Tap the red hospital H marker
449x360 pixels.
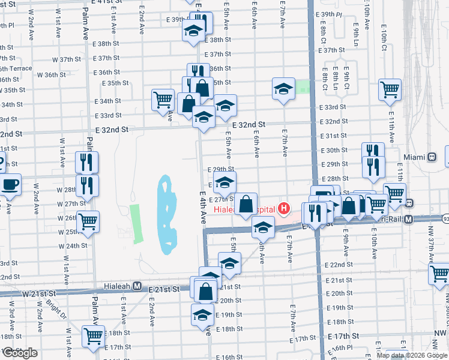click(284, 209)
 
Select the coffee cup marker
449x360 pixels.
click(10, 184)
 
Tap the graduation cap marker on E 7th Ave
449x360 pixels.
click(283, 90)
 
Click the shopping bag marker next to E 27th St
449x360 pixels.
click(246, 204)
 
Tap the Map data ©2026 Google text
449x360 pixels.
click(412, 355)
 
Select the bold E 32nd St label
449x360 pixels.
click(112, 129)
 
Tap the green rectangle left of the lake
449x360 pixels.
click(136, 223)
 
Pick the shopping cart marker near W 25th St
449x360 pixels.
click(88, 221)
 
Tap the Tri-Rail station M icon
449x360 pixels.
click(409, 220)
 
